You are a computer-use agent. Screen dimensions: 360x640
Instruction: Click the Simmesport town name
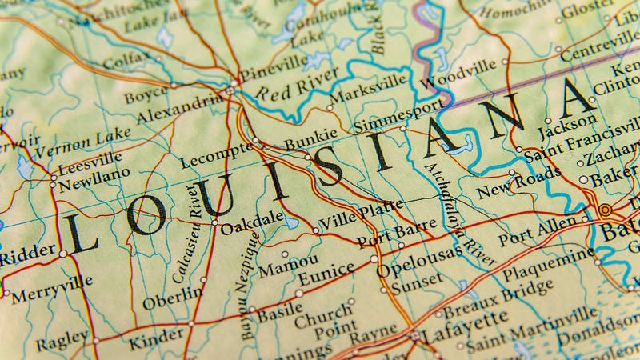[398, 114]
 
